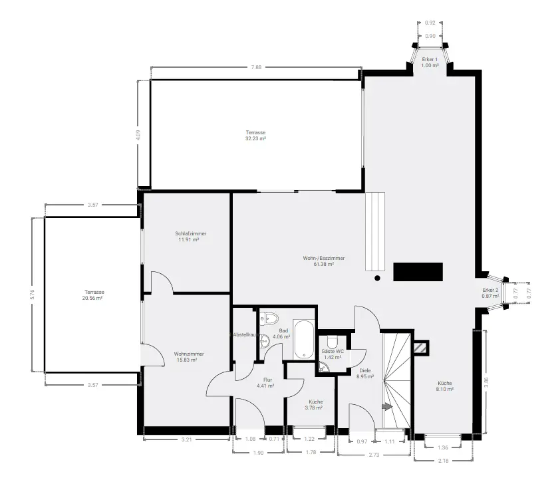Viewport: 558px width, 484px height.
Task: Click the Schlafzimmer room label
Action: (190, 233)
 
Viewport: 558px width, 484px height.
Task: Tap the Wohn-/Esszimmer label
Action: (323, 258)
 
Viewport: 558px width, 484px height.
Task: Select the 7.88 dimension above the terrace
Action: (256, 67)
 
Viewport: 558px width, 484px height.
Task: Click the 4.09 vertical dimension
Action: (138, 135)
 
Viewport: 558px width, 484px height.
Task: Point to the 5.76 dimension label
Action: (33, 295)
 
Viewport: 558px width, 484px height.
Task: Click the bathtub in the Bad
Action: (303, 340)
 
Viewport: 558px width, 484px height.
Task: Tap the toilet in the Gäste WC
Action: (332, 342)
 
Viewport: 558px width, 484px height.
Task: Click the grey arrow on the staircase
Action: (387, 406)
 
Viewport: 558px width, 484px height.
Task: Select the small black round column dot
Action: (377, 278)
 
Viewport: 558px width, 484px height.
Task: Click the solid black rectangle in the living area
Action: (418, 272)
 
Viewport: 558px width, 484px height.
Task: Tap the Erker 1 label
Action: (430, 59)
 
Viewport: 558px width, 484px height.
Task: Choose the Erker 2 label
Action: (490, 290)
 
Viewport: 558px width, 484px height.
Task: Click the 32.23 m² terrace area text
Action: (255, 138)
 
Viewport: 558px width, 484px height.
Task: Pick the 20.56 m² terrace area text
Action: (92, 298)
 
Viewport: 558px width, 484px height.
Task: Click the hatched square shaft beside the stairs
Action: (421, 348)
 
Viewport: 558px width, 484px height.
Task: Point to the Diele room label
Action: (364, 370)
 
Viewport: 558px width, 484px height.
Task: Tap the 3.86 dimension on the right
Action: (486, 382)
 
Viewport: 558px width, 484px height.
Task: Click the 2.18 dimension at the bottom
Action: (444, 461)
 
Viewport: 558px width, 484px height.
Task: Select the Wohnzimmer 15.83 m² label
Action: (189, 357)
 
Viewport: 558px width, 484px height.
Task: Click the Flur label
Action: (267, 380)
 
